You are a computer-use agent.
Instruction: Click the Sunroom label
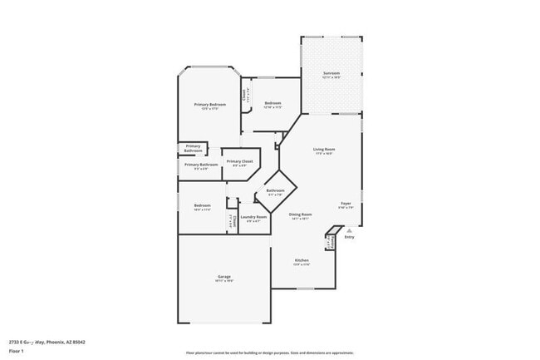point(331,73)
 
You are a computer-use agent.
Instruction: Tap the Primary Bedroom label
point(211,105)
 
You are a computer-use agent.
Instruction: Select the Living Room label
point(323,150)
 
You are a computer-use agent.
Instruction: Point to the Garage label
point(224,276)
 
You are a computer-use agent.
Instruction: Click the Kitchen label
point(302,260)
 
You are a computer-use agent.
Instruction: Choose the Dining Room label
point(300,215)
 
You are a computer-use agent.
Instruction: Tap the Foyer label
point(346,203)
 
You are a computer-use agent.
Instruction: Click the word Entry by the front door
point(349,238)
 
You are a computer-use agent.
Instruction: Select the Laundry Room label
point(253,217)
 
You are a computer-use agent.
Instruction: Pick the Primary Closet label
point(239,161)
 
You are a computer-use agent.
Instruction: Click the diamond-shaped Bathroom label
point(276,190)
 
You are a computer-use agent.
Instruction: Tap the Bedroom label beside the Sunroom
point(273,103)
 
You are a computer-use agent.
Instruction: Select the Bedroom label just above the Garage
point(202,205)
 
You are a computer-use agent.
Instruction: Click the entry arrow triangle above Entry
point(349,232)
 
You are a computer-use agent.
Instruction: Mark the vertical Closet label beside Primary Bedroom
point(244,96)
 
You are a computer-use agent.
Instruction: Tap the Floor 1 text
point(16,349)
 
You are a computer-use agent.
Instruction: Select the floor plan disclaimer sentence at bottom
point(269,353)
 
